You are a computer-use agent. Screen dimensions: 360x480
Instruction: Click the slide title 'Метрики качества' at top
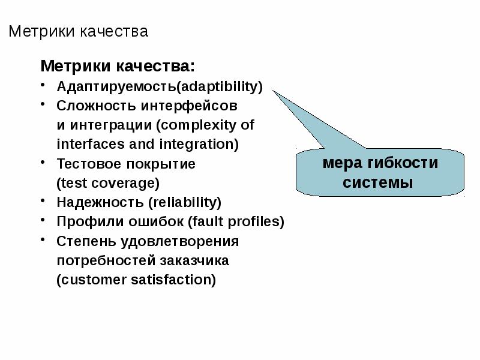(x=78, y=31)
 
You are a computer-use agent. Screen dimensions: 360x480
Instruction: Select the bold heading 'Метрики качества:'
(x=118, y=65)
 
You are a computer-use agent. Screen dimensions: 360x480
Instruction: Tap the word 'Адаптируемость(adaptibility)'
(x=160, y=86)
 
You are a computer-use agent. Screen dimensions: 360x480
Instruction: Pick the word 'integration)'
(x=199, y=144)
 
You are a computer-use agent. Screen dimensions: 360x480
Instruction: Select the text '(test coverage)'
(x=108, y=182)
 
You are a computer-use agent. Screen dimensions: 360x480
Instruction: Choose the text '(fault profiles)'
(x=236, y=221)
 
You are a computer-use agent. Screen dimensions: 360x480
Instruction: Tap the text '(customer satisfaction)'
(x=136, y=280)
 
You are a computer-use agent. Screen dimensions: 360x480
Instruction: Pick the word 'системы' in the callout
(x=378, y=182)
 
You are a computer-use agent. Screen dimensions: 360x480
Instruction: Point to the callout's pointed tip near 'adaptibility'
(x=274, y=92)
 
